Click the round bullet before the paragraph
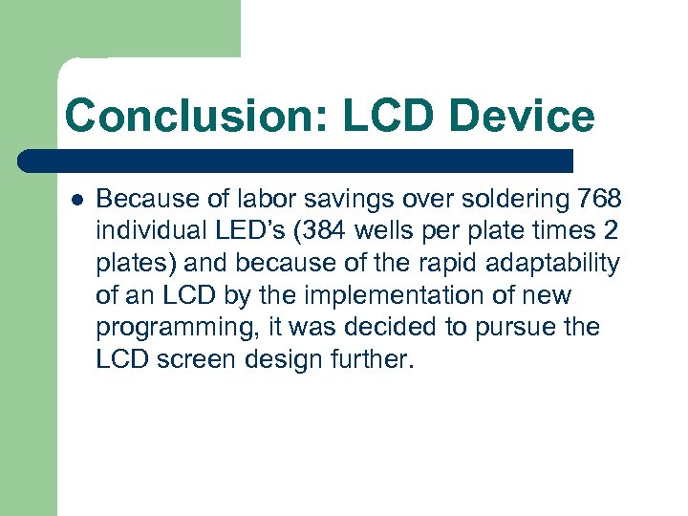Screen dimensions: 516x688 click(75, 200)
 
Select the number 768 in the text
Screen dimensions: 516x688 click(600, 199)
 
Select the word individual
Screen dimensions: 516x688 click(144, 231)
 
